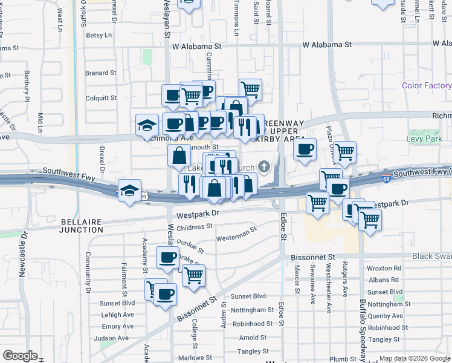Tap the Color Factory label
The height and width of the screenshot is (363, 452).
(x=427, y=85)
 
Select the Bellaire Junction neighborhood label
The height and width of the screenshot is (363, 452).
(x=82, y=226)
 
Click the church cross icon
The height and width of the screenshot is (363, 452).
(x=263, y=166)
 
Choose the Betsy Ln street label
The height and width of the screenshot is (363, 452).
(x=98, y=35)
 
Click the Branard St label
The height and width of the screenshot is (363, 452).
(x=100, y=73)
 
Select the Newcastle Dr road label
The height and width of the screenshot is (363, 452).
(x=23, y=255)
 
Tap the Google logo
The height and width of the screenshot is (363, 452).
(x=20, y=356)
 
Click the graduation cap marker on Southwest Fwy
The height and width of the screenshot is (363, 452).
(x=129, y=190)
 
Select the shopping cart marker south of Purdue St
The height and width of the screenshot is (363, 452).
(x=193, y=275)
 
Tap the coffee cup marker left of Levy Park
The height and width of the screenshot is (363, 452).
(x=305, y=148)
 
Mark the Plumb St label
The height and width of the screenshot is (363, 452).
(x=343, y=359)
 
